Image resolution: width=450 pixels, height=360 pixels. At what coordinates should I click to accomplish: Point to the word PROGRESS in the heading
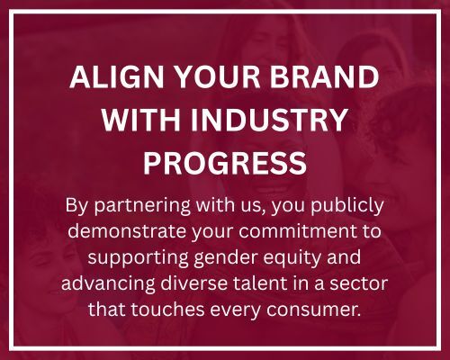[225, 162]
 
